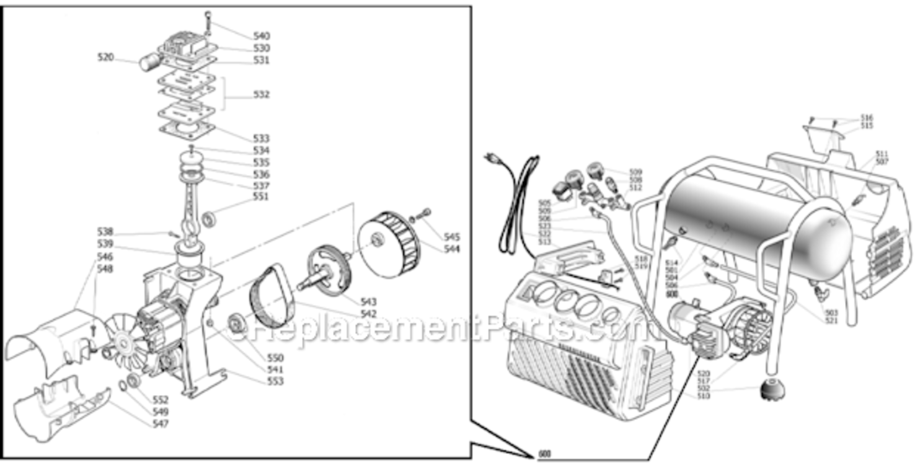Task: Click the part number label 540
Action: [262, 36]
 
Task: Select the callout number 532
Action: [261, 95]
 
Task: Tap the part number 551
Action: [261, 197]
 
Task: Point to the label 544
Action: [452, 249]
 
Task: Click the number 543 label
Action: [368, 301]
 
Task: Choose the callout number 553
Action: [275, 381]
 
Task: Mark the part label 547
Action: [161, 423]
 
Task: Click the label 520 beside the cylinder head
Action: [105, 57]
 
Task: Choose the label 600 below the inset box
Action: [544, 454]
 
